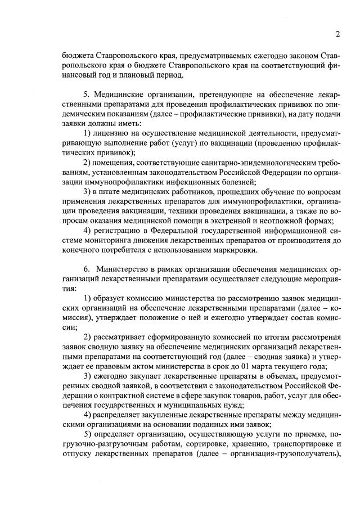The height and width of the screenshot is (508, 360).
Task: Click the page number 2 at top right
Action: pyautogui.click(x=337, y=33)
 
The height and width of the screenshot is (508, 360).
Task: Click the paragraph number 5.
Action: pyautogui.click(x=85, y=93)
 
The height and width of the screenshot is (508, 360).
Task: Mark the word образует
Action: pyautogui.click(x=111, y=297)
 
